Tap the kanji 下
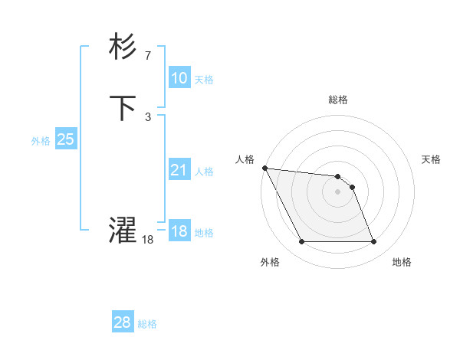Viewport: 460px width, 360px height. pos(123,108)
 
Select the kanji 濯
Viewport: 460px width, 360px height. pos(123,231)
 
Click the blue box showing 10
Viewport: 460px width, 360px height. pos(179,77)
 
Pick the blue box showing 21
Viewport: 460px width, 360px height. pos(179,170)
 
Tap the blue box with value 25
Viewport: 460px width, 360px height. pos(66,139)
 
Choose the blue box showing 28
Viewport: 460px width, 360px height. pos(123,322)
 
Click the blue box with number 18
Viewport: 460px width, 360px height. pos(179,231)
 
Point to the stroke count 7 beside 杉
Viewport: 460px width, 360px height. pos(147,56)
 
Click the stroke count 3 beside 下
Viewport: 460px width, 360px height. pos(147,116)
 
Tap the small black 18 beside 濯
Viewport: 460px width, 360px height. pos(147,240)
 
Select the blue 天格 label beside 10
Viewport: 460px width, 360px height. pos(204,80)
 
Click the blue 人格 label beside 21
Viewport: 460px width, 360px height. pos(204,172)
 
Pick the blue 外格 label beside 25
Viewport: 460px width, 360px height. pos(41,141)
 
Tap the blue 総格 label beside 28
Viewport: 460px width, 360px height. pos(147,324)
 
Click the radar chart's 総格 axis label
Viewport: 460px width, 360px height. pos(338,100)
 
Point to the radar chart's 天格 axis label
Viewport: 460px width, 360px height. pos(432,159)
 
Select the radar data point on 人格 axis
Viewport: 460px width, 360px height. pos(264,168)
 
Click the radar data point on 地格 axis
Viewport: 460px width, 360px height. pos(373,242)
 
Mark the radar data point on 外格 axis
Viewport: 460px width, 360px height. pos(301,242)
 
